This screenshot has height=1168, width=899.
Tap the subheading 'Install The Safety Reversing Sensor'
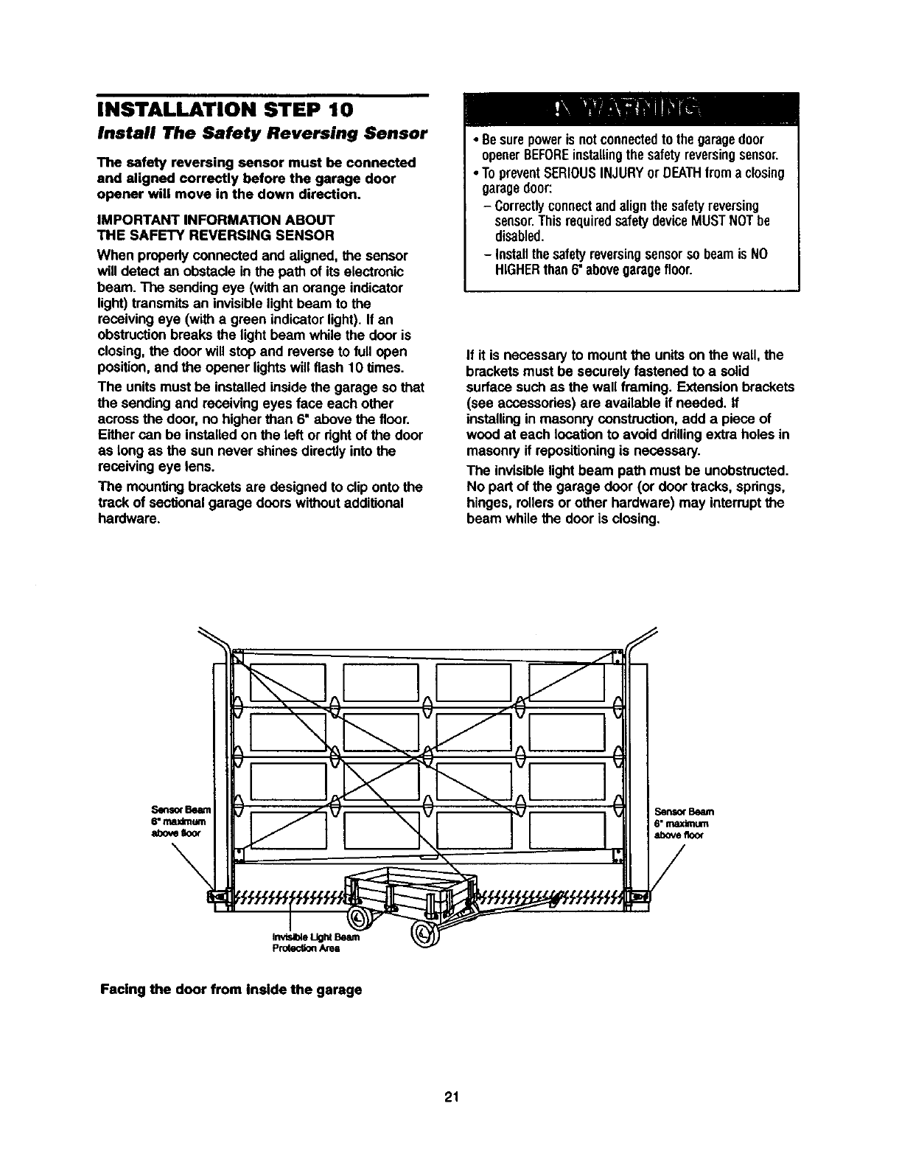(262, 133)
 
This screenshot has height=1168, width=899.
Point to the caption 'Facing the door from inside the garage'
(231, 989)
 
